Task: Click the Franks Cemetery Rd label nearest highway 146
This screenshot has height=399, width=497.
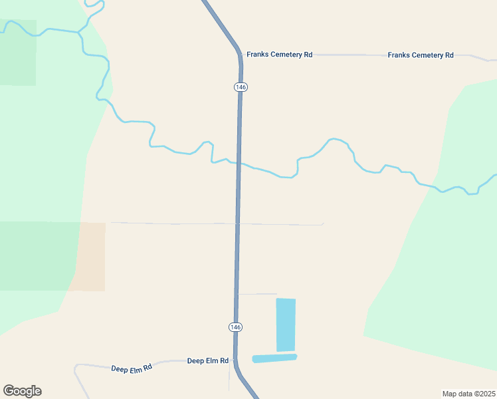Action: click(279, 55)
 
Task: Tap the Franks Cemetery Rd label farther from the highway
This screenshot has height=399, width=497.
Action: click(420, 55)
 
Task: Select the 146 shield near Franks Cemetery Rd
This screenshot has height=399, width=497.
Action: click(240, 87)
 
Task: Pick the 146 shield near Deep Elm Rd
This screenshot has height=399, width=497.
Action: click(235, 327)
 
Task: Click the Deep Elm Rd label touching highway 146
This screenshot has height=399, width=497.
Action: click(207, 360)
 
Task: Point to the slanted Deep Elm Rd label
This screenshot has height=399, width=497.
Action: click(132, 368)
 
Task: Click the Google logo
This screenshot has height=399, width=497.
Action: click(22, 391)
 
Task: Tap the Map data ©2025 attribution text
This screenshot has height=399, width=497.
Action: click(468, 393)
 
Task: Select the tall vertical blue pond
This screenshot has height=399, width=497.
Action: click(286, 325)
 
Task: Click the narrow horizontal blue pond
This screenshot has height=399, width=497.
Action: click(274, 358)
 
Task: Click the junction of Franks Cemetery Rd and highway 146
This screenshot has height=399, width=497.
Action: click(240, 55)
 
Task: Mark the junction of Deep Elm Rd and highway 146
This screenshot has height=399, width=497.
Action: click(234, 360)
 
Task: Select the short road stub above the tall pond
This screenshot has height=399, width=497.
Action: click(257, 293)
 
